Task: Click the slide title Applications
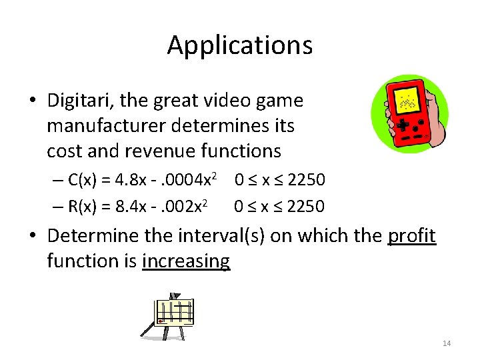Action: (239, 45)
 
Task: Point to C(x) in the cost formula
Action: (85, 180)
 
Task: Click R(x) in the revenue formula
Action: (85, 206)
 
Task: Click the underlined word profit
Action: (411, 235)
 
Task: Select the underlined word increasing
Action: (186, 261)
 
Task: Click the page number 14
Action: (446, 343)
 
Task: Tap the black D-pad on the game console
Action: (403, 125)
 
